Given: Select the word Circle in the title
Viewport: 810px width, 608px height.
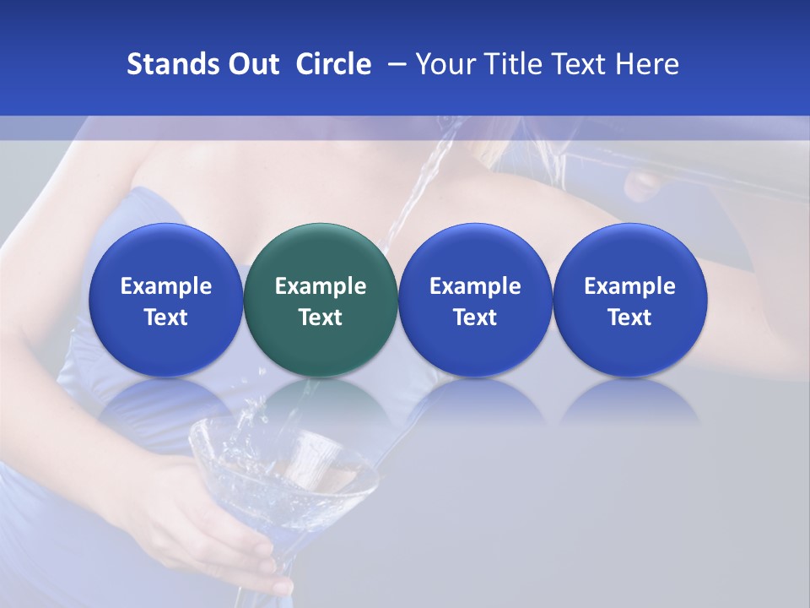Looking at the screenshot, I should pos(333,64).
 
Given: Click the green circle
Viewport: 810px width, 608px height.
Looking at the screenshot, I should pos(321,301).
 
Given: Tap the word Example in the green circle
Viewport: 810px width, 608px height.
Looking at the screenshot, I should pos(321,286).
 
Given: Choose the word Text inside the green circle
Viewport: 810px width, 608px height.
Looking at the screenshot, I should pos(321,318).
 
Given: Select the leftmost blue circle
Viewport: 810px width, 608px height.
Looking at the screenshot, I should pos(165,301).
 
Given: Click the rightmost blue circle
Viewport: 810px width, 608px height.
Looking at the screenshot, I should pos(630,301).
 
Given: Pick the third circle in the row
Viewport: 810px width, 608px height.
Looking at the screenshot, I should pos(475,301).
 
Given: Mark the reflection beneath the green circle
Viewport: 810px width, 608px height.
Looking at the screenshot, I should pos(321,401).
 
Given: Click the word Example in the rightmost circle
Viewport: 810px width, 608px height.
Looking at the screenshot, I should pos(630,286).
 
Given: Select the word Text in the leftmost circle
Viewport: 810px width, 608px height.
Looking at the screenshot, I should pos(165,318).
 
